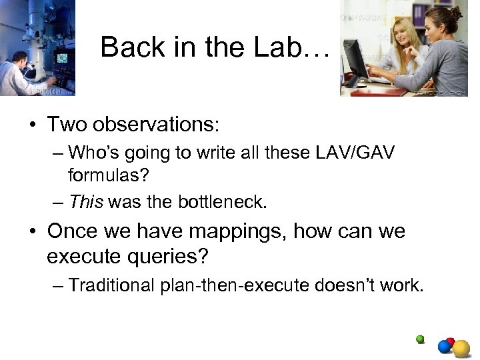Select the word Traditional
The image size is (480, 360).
pyautogui.click(x=110, y=285)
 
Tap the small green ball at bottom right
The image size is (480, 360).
pyautogui.click(x=420, y=339)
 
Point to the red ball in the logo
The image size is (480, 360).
pyautogui.click(x=450, y=342)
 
